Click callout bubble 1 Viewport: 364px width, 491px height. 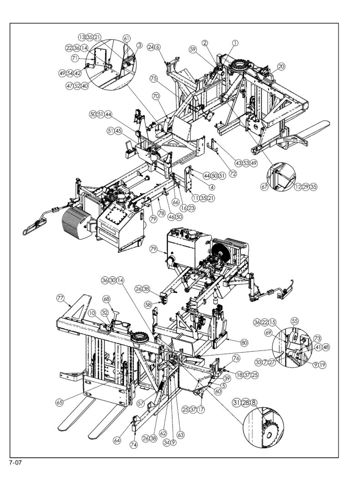pyautogui.click(x=235, y=43)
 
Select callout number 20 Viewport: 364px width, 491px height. pyautogui.click(x=281, y=66)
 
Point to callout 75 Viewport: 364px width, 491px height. pyautogui.click(x=154, y=78)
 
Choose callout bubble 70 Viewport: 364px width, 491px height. pyautogui.click(x=156, y=96)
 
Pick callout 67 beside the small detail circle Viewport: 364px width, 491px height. pyautogui.click(x=264, y=187)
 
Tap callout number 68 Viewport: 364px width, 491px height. pyautogui.click(x=106, y=299)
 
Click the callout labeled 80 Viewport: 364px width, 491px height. pyautogui.click(x=244, y=342)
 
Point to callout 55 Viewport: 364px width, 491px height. pyautogui.click(x=295, y=321)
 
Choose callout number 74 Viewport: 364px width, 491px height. pyautogui.click(x=134, y=445)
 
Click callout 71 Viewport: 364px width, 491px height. pyautogui.click(x=75, y=58)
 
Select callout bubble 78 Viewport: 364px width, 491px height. pyautogui.click(x=161, y=213)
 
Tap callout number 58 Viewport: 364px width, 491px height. pyautogui.click(x=148, y=304)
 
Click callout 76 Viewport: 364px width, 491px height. pyautogui.click(x=236, y=358)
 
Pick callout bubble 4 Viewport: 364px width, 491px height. pyautogui.click(x=212, y=187)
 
